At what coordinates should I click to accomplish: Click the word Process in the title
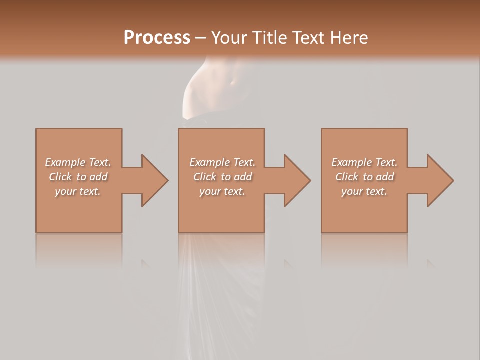[x=157, y=38]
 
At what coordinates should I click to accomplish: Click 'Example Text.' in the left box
[x=78, y=162]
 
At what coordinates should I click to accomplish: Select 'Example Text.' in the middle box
[x=222, y=162]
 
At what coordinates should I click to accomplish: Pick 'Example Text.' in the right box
[x=364, y=162]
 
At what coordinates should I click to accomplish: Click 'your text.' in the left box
[x=78, y=191]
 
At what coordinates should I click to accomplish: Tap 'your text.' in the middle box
[x=222, y=191]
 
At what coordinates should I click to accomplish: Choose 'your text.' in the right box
[x=364, y=191]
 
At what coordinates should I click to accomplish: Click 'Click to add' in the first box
[x=78, y=177]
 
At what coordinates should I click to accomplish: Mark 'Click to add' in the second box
[x=222, y=177]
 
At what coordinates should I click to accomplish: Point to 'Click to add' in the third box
[x=364, y=177]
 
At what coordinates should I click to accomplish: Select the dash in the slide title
[x=200, y=38]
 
